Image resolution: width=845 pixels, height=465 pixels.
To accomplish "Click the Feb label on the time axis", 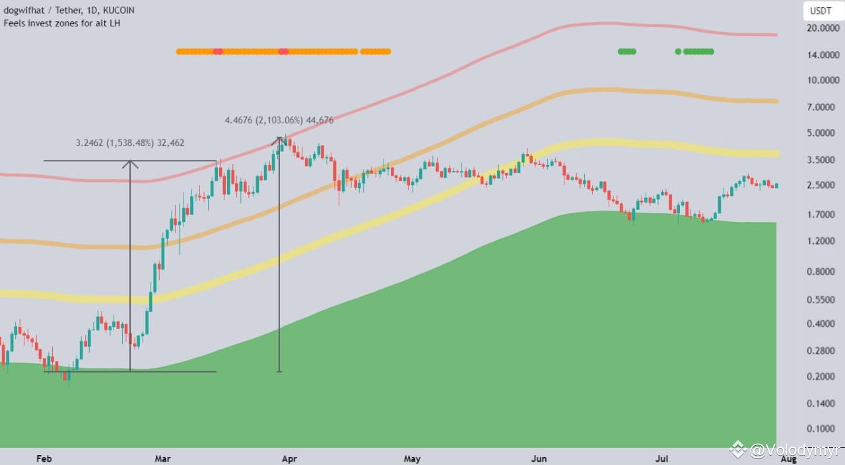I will pyautogui.click(x=44, y=458).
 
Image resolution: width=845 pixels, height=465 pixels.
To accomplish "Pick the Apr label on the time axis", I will pyautogui.click(x=288, y=458).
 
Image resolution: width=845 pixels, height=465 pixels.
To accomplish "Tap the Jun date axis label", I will pyautogui.click(x=539, y=458).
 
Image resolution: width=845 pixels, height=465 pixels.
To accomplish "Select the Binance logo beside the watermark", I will pyautogui.click(x=737, y=450).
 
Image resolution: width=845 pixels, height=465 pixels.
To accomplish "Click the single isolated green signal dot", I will pyautogui.click(x=678, y=51).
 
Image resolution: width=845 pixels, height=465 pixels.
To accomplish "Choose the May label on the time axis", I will pyautogui.click(x=412, y=458).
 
